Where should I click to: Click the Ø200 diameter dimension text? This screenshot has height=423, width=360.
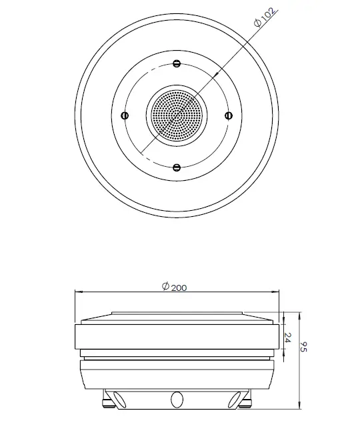[175, 287]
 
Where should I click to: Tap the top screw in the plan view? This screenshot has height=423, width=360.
[176, 64]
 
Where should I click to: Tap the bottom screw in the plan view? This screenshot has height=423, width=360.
[176, 167]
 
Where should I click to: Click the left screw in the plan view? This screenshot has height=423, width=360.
[125, 115]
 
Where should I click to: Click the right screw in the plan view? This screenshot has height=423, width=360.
[227, 115]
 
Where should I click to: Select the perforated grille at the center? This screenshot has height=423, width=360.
[176, 115]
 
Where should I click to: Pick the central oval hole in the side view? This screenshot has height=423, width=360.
[177, 398]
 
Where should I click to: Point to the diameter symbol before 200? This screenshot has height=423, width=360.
[165, 287]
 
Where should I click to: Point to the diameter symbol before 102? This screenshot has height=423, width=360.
[257, 25]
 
